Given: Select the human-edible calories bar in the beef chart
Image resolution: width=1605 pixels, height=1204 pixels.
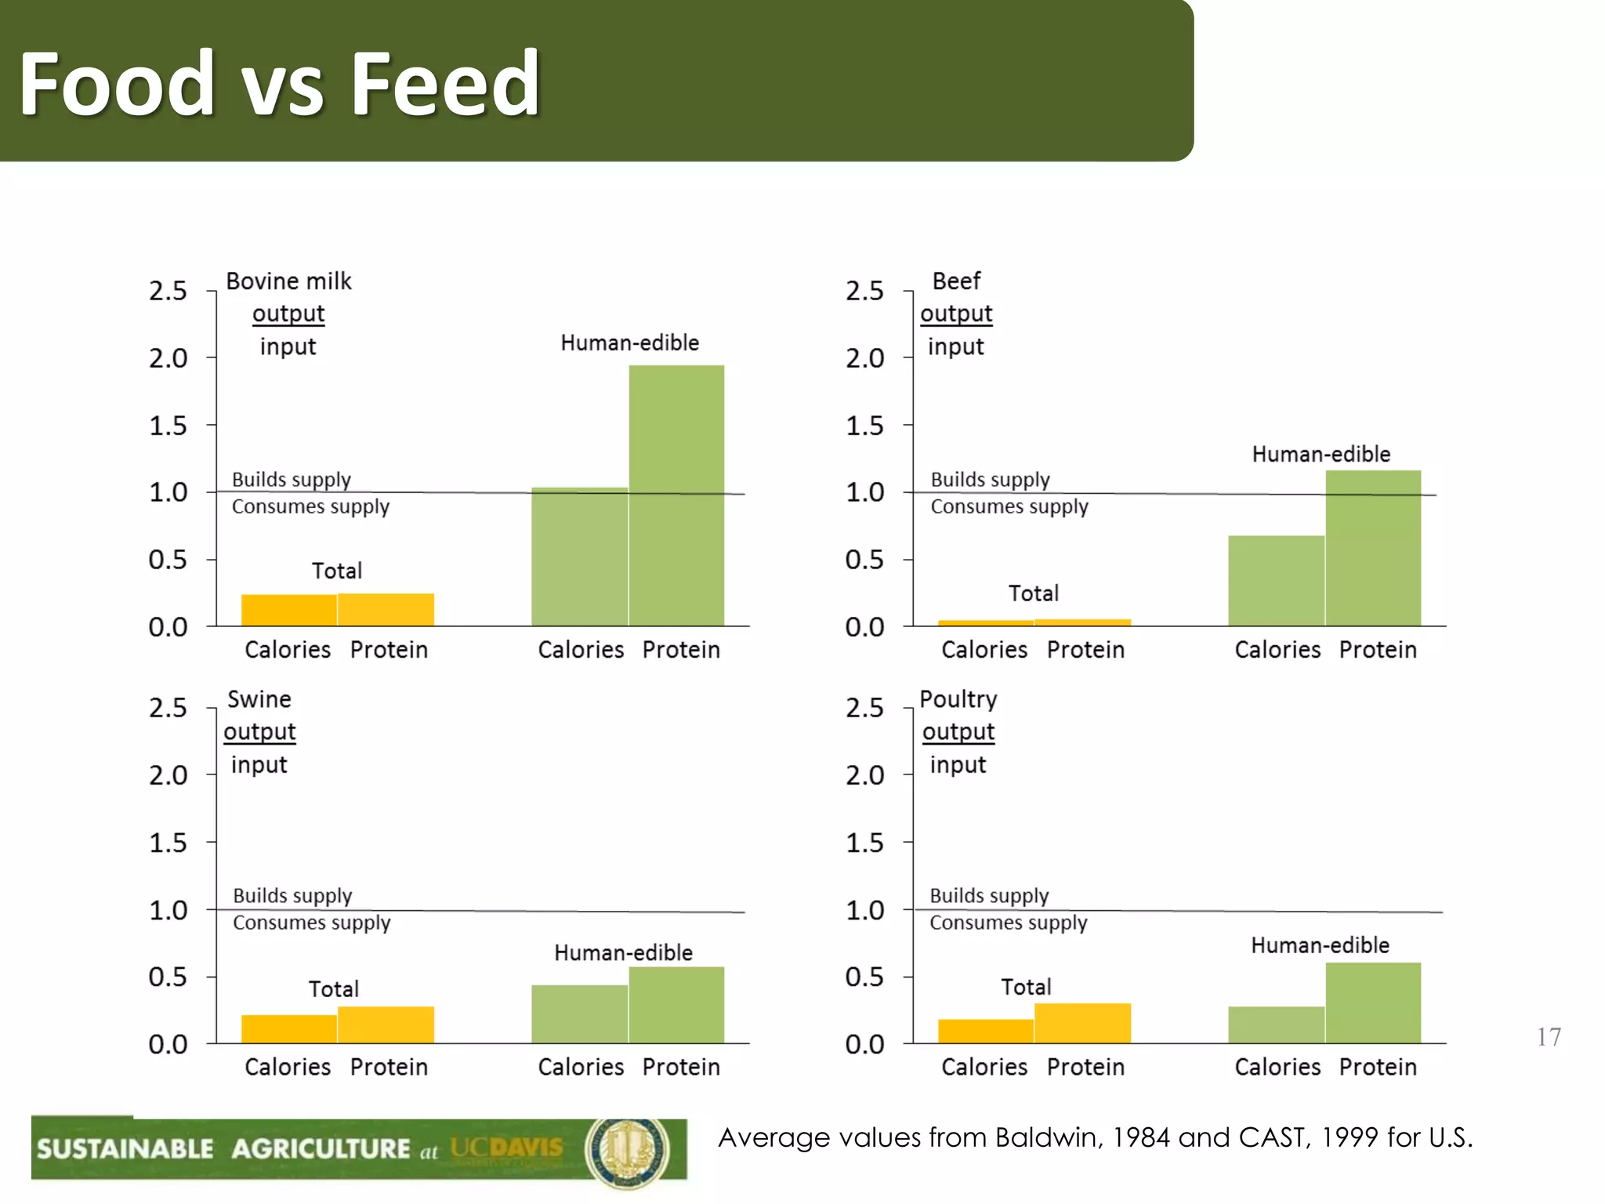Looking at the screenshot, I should click(1276, 581).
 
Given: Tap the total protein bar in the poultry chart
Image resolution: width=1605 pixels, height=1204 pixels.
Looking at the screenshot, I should click(1082, 1023).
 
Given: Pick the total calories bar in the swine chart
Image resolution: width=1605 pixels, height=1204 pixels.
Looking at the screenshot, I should click(288, 1028).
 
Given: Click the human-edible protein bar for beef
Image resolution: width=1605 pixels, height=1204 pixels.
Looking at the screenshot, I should click(1373, 548).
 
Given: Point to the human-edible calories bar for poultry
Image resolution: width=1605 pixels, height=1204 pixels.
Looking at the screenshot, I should click(1276, 1024).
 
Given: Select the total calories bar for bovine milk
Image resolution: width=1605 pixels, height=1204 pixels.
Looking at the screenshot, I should click(288, 610).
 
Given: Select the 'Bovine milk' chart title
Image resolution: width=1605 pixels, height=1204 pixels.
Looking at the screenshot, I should click(288, 281).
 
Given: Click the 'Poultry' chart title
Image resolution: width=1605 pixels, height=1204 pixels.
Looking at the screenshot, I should click(958, 698).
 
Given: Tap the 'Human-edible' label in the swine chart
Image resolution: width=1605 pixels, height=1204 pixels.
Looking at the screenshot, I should click(623, 952).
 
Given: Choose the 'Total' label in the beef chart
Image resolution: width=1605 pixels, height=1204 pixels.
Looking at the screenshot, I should click(1033, 593).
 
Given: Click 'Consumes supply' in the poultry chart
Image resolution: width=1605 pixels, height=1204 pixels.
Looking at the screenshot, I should click(1008, 923).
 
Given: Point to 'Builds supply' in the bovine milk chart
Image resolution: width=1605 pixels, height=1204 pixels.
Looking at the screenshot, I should click(291, 479).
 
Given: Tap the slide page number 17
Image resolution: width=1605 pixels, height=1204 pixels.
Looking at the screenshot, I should click(1549, 1037).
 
